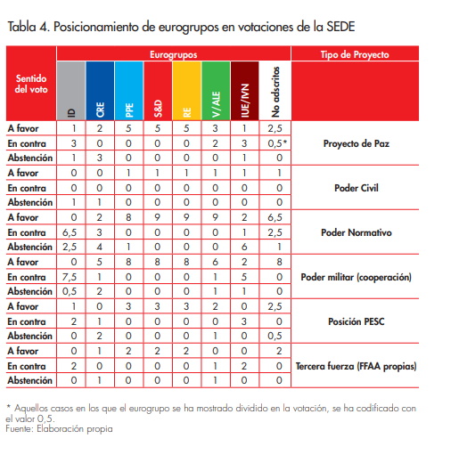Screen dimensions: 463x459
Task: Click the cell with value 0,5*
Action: [278, 142]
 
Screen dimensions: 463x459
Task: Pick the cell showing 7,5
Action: [75, 277]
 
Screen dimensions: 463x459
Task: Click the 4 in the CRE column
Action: [102, 246]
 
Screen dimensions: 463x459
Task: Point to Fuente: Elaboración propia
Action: [60, 429]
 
